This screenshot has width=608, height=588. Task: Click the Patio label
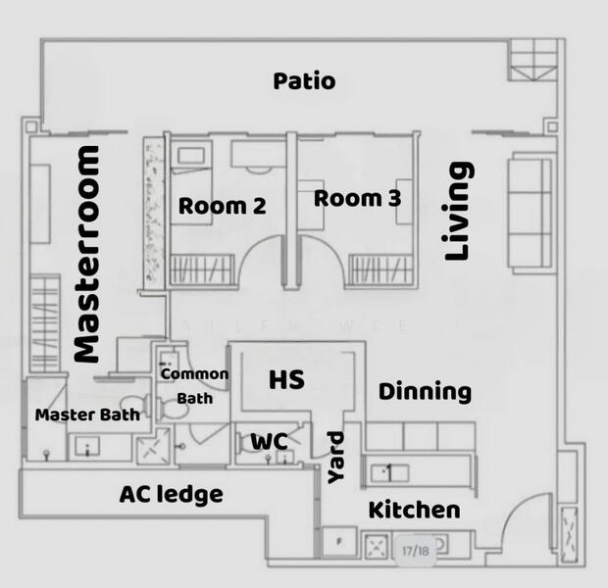pyautogui.click(x=304, y=80)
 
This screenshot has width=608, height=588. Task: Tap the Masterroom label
pyautogui.click(x=87, y=255)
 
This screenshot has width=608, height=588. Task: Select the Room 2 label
pyautogui.click(x=223, y=206)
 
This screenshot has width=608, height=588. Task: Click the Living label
pyautogui.click(x=459, y=212)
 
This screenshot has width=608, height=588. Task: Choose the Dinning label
pyautogui.click(x=425, y=392)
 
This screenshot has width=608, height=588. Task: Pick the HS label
pyautogui.click(x=286, y=379)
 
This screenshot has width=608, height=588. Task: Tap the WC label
pyautogui.click(x=269, y=442)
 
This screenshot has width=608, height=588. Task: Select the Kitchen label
pyautogui.click(x=414, y=510)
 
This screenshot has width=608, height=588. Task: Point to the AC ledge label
pyautogui.click(x=171, y=494)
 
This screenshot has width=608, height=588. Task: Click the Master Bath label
pyautogui.click(x=86, y=415)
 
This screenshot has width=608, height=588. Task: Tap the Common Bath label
pyautogui.click(x=194, y=386)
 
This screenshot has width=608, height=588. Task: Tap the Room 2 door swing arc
pyautogui.click(x=263, y=265)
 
